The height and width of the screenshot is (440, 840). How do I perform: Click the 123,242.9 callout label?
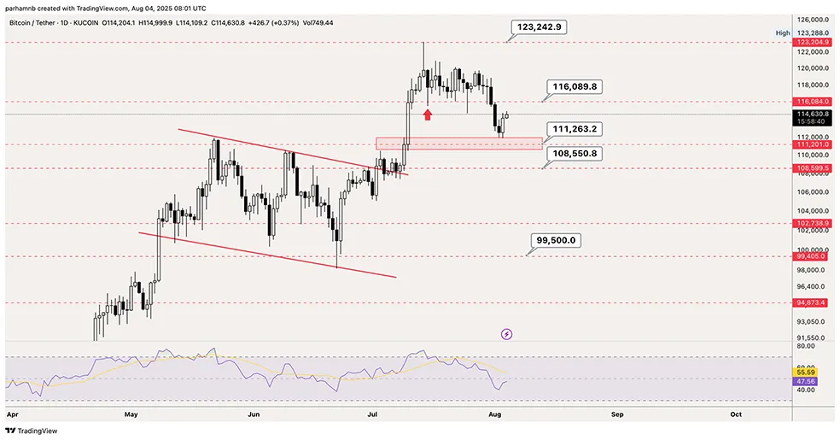539,27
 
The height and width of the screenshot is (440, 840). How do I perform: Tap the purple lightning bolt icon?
506,334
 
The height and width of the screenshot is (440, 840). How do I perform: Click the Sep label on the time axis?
617,414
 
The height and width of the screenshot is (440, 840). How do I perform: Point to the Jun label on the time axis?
254,414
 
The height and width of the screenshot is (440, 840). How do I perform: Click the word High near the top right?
782,32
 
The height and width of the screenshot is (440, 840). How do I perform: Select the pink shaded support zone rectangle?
458,144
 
